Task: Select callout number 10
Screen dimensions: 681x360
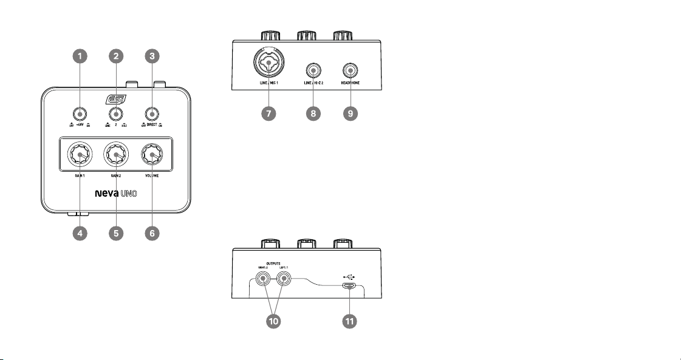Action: [x=275, y=321]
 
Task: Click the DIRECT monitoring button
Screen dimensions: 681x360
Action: [x=152, y=114]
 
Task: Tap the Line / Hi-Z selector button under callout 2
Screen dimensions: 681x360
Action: [x=115, y=114]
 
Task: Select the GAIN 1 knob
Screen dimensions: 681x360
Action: [x=80, y=156]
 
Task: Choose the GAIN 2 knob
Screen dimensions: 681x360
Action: [x=115, y=156]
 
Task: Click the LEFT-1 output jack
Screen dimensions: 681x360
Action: [x=284, y=280]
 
